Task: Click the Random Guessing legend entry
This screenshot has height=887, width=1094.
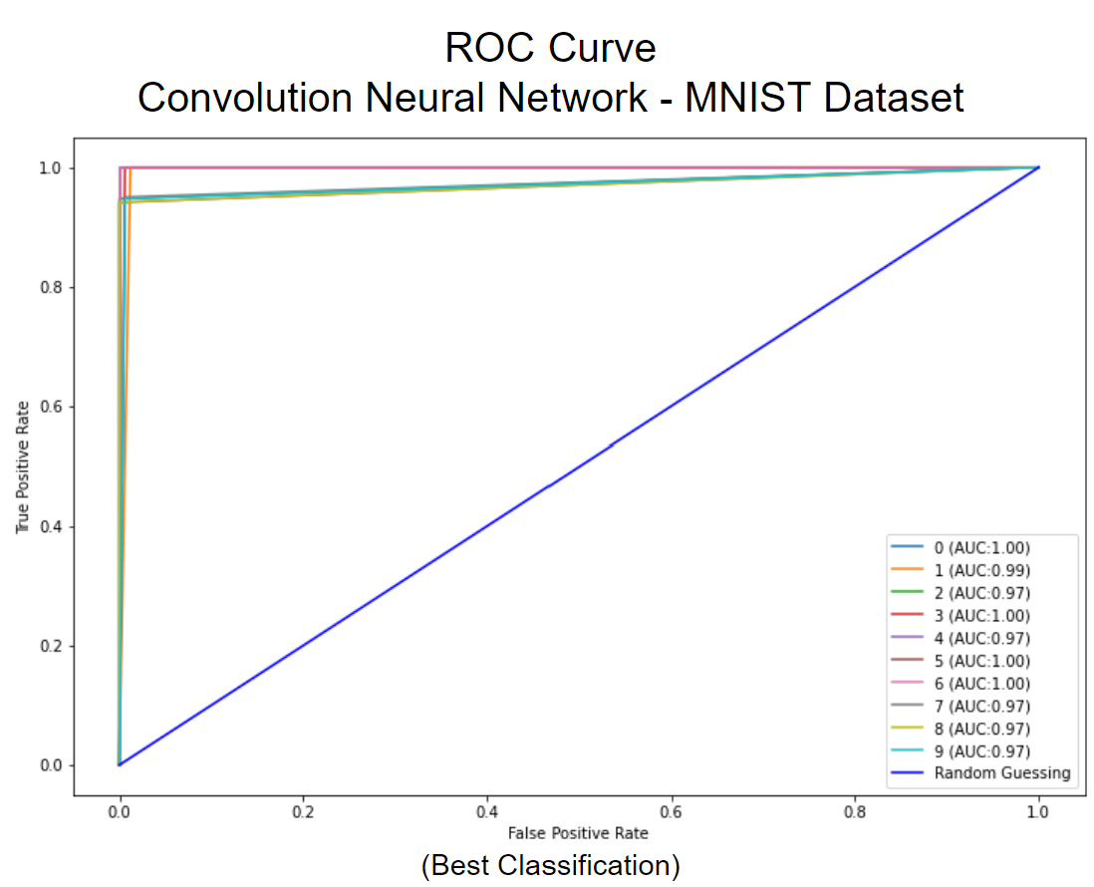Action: (x=1001, y=772)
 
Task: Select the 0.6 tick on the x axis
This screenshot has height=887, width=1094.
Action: (x=672, y=813)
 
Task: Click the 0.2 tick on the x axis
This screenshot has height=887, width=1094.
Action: (x=304, y=813)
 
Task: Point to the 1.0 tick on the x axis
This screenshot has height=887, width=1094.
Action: (x=1038, y=813)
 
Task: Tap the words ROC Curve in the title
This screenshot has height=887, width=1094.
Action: (x=550, y=48)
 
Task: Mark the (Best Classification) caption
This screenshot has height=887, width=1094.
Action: (x=550, y=865)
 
